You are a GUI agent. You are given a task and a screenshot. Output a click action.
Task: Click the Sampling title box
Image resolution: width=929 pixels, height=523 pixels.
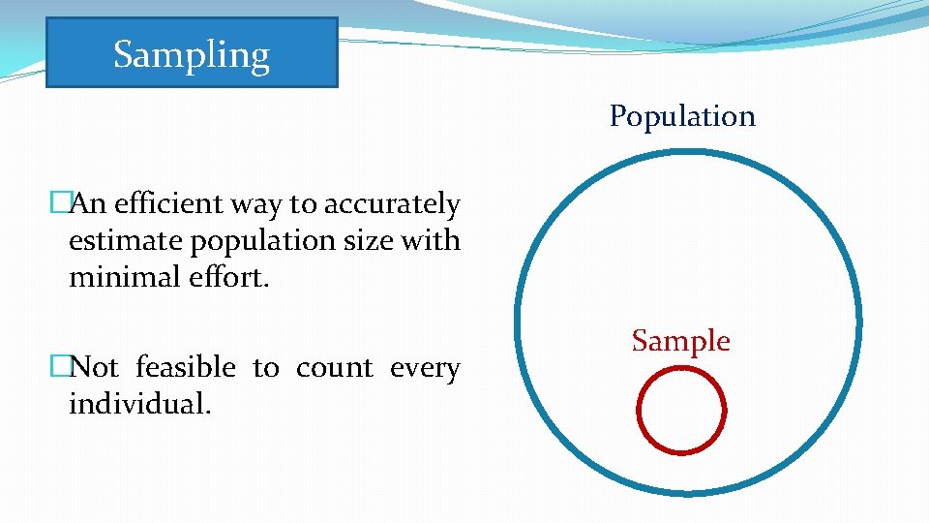click(192, 53)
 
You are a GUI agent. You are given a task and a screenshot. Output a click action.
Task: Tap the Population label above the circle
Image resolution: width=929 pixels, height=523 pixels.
click(682, 116)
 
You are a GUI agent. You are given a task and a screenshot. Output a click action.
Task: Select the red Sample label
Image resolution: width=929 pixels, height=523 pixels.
click(680, 341)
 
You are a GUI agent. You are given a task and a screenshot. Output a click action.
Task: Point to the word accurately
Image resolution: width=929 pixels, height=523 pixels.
click(392, 205)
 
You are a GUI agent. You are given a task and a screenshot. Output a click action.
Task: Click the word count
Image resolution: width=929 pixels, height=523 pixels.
click(335, 368)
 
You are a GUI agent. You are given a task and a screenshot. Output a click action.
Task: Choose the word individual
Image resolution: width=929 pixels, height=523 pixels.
click(138, 404)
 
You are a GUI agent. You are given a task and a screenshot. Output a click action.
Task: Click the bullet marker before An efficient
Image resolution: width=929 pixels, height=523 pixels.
click(60, 204)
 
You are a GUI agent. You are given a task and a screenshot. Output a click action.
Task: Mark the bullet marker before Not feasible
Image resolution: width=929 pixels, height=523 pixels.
click(60, 368)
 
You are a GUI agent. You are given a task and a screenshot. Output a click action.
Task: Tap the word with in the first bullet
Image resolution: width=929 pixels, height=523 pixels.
click(430, 240)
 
